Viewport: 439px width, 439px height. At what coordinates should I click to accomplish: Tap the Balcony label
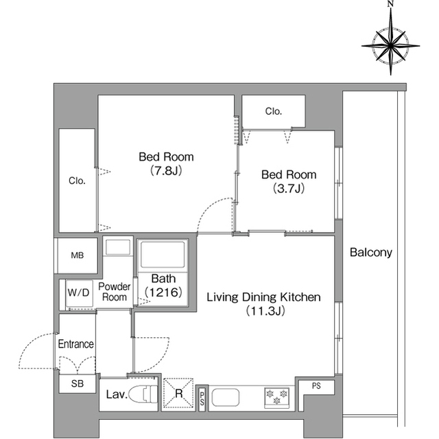371,252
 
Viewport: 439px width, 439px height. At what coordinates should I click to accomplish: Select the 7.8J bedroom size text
166,170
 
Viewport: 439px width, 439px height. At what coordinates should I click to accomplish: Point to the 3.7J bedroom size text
289,188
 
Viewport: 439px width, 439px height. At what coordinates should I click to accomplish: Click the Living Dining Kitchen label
263,297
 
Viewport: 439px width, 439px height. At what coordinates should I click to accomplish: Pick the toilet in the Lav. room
143,394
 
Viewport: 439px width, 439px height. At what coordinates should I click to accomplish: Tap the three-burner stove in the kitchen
276,397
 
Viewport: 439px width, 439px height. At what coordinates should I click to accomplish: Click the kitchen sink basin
226,397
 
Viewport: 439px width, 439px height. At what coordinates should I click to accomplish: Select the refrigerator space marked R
178,393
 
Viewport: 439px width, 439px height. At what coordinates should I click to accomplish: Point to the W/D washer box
80,293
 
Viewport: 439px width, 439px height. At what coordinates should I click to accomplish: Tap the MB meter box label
78,256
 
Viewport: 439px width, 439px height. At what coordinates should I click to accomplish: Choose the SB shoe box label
78,383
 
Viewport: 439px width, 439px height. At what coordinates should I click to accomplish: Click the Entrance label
76,344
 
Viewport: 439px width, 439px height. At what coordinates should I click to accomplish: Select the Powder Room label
115,291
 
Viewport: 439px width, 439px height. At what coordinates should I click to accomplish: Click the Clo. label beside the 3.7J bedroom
274,111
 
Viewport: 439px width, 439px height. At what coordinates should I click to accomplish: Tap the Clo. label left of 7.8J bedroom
77,181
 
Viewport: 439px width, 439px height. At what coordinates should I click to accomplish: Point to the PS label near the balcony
316,385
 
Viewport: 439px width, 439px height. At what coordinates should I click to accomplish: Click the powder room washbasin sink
118,247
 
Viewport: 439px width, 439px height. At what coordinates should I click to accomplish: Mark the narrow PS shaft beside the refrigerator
202,398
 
